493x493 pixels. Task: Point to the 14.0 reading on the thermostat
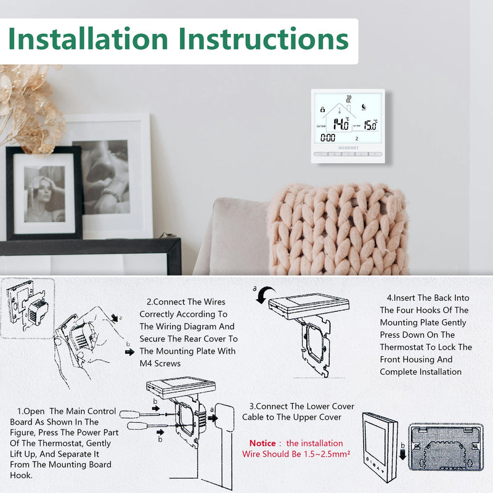tap(340, 124)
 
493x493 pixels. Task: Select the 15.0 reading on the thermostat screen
tap(370, 125)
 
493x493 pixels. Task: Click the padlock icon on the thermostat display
tap(322, 109)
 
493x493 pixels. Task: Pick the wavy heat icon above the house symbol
tap(349, 99)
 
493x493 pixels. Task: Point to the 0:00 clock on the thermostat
tap(328, 138)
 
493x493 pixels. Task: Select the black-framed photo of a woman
tap(44, 193)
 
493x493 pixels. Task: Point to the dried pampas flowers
tap(28, 105)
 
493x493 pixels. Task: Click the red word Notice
tap(263, 443)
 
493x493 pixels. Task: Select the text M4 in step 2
tap(149, 364)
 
